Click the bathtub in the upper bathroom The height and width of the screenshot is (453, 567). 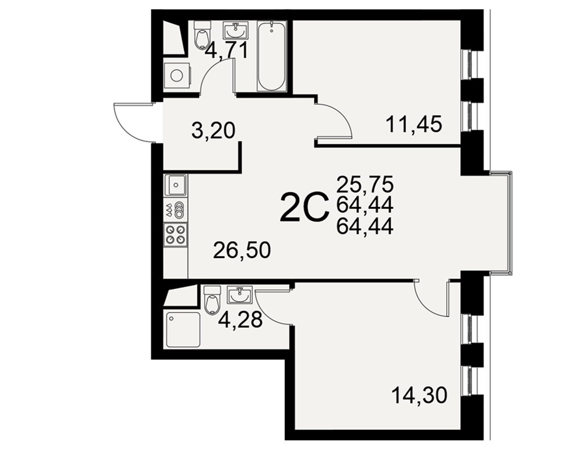272,56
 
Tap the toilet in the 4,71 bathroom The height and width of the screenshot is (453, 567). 202,35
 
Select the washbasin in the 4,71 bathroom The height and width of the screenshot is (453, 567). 236,31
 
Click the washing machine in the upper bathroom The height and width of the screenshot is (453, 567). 177,75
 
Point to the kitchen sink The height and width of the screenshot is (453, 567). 176,185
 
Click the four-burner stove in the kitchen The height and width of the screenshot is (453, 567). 176,234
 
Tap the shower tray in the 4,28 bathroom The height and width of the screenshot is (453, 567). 183,330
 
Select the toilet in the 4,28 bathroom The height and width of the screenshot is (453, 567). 212,300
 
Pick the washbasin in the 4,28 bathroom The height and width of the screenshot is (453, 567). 239,295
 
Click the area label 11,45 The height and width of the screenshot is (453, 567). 414,124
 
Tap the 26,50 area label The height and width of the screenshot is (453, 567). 242,250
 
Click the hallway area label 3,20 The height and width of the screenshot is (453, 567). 213,130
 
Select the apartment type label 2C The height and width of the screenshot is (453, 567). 304,207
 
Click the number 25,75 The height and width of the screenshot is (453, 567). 365,185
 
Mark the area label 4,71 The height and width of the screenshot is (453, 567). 227,50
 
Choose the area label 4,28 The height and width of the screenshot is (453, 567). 240,319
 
